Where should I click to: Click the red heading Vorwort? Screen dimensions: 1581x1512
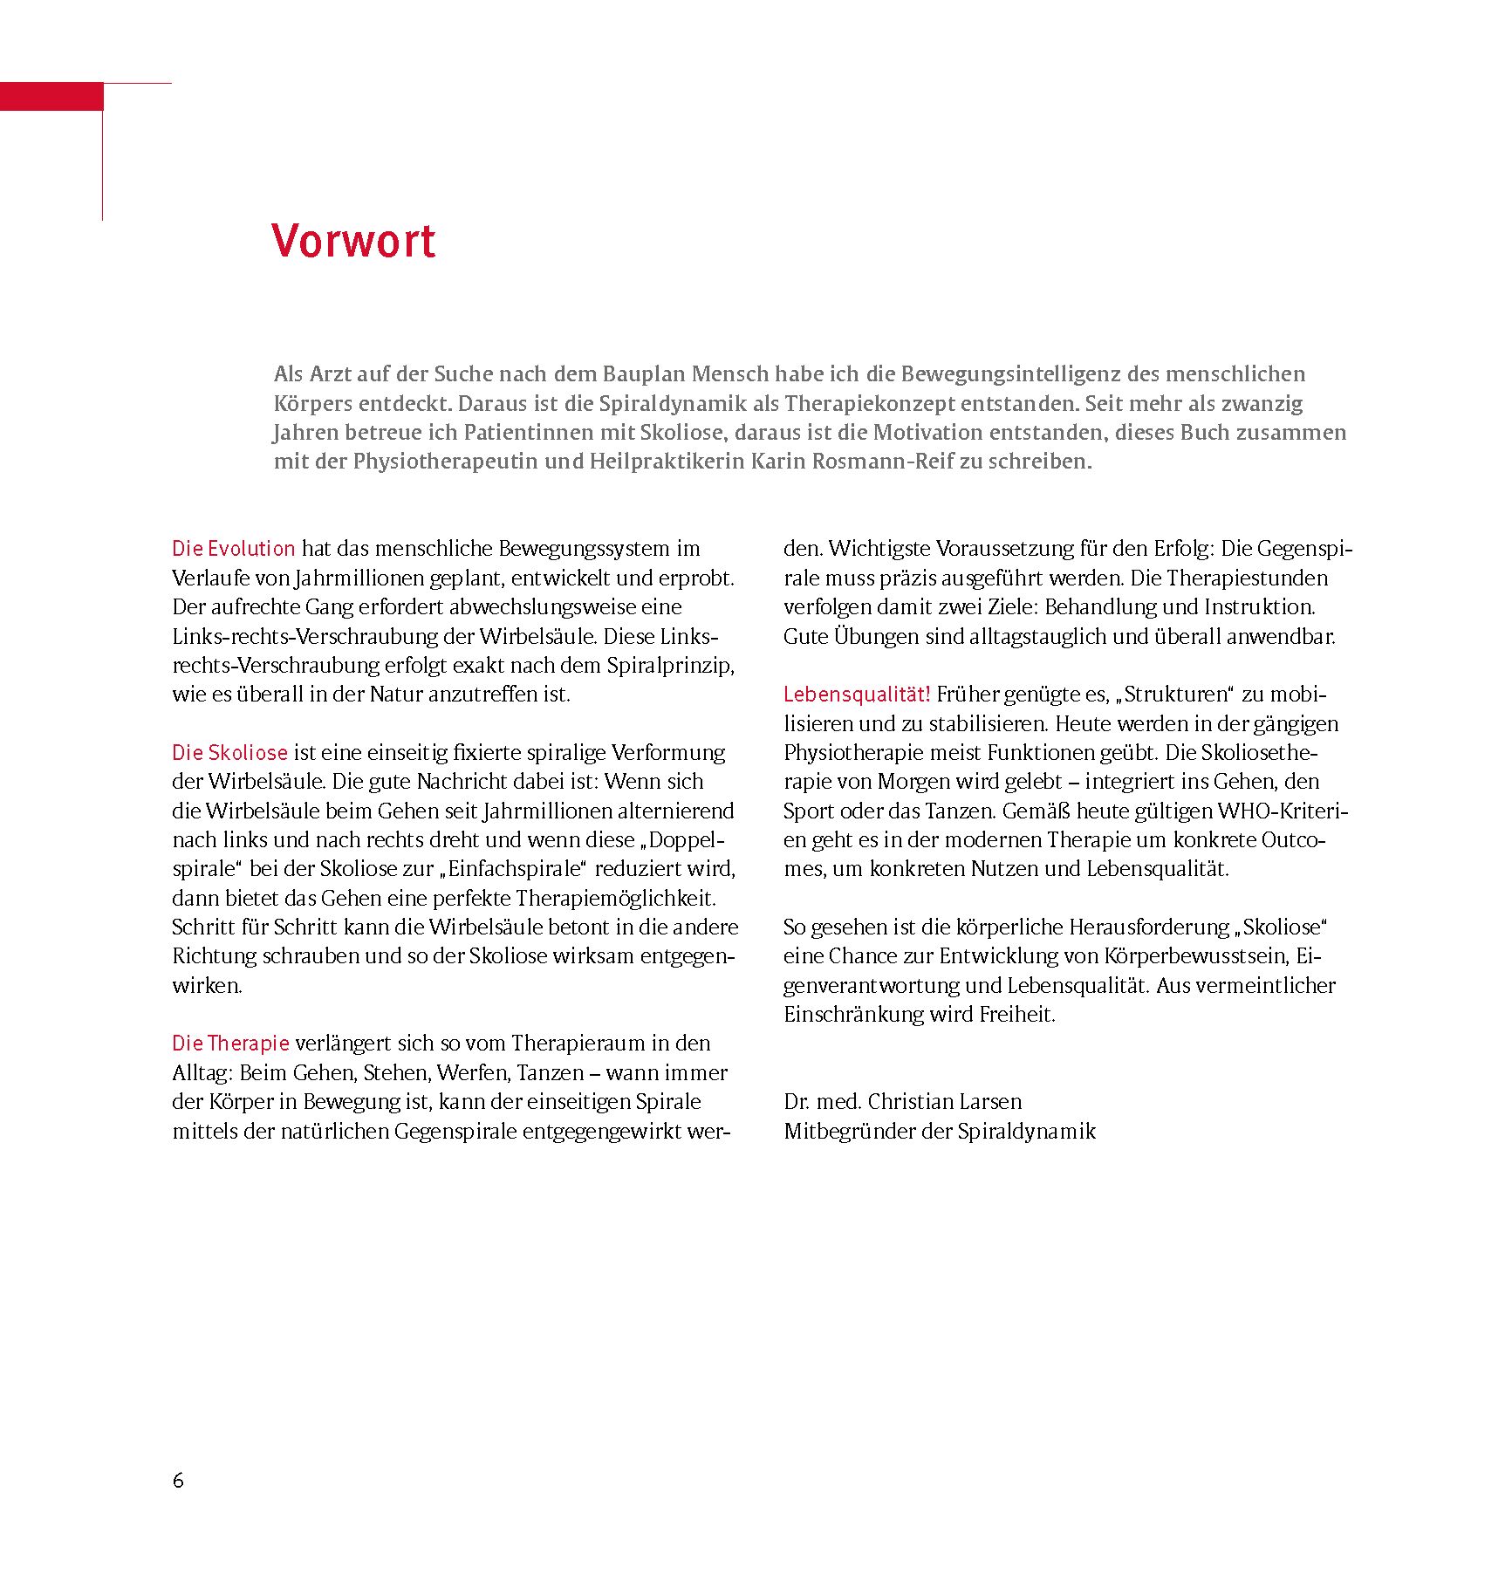point(353,241)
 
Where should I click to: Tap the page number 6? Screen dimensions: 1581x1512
point(178,1481)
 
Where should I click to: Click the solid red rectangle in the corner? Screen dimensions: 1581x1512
point(51,96)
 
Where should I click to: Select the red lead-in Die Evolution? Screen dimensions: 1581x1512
point(234,549)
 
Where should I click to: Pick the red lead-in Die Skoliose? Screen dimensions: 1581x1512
point(229,752)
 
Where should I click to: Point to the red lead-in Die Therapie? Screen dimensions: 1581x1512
point(230,1043)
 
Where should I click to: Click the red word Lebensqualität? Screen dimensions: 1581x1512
point(857,695)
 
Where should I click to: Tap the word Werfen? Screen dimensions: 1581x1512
point(471,1072)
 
